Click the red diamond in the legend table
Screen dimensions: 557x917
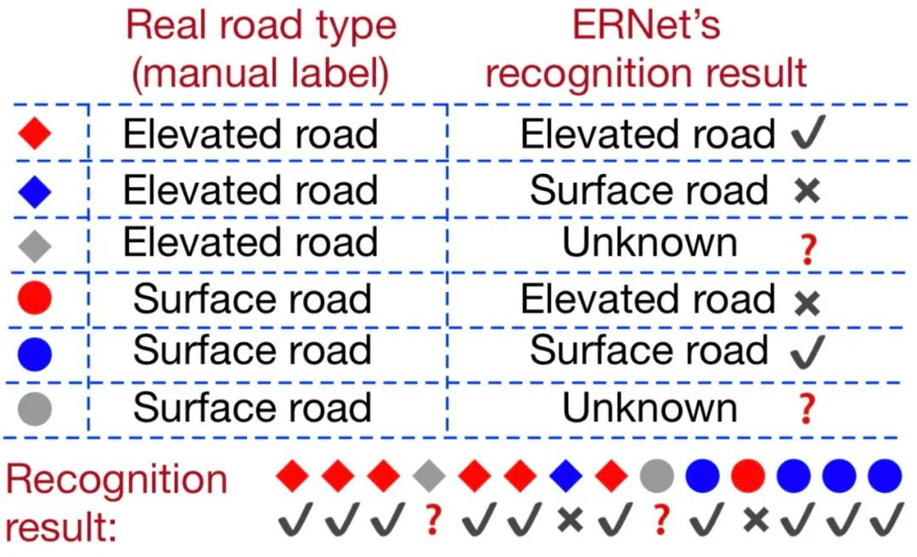[35, 134]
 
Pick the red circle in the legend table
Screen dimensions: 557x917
[35, 299]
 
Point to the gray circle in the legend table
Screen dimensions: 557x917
[35, 408]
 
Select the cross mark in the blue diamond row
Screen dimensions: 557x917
[807, 191]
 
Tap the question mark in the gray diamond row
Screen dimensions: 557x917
[807, 250]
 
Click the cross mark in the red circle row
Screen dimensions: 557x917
[807, 302]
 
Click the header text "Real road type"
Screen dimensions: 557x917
[261, 25]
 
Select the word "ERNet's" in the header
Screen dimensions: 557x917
[645, 25]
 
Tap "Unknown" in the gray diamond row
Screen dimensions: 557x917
[650, 244]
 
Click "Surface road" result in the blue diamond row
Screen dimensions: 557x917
[649, 189]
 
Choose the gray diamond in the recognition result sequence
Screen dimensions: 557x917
[430, 475]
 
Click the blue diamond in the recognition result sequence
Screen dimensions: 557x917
[566, 475]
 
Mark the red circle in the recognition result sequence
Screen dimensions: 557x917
[747, 475]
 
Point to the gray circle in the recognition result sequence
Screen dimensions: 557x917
[657, 475]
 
